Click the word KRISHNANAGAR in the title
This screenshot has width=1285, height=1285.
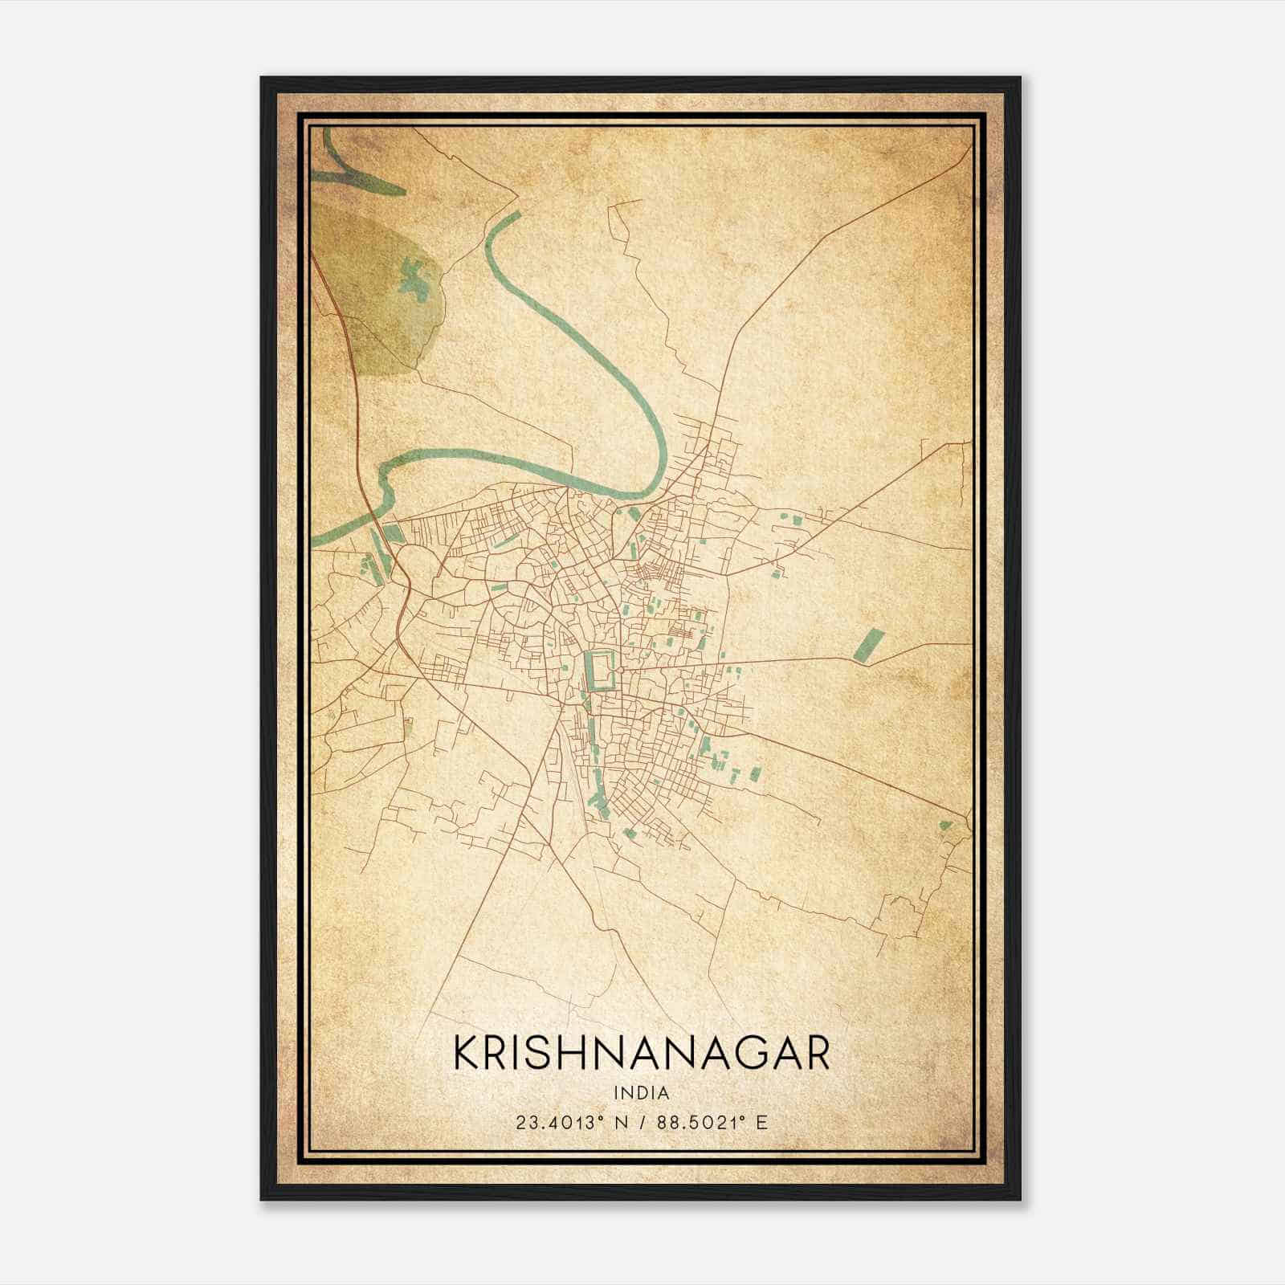click(641, 1053)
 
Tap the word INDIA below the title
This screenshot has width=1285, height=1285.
click(641, 1093)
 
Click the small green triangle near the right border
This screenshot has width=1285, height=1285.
click(945, 825)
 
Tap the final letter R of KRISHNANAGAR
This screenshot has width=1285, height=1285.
click(817, 1053)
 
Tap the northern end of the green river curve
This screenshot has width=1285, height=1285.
click(514, 215)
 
